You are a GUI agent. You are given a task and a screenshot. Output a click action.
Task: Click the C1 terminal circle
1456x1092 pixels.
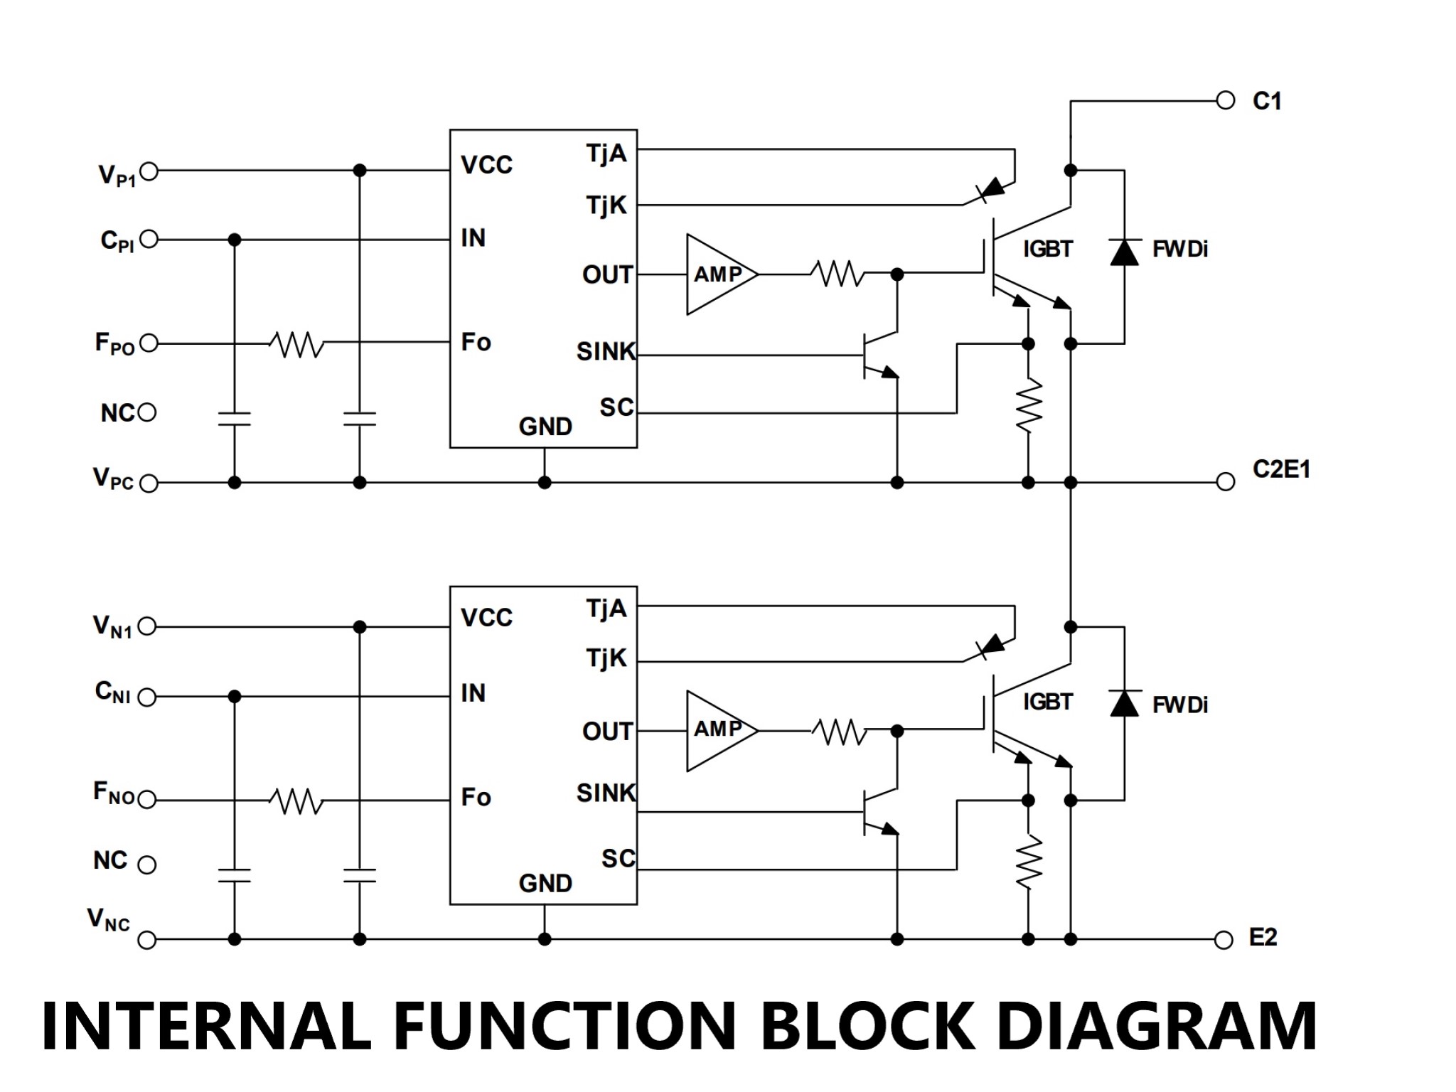[1226, 100]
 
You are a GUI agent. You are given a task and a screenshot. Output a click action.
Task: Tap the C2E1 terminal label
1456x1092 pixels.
[1281, 469]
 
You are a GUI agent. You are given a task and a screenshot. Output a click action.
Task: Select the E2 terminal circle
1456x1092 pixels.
[1224, 940]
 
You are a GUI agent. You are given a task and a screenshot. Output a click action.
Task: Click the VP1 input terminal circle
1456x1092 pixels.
[149, 171]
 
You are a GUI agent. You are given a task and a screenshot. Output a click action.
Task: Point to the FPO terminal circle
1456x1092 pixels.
[149, 343]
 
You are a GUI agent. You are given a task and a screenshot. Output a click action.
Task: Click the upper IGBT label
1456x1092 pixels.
[1047, 249]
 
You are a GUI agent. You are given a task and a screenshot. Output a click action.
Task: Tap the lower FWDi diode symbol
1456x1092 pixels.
[1124, 703]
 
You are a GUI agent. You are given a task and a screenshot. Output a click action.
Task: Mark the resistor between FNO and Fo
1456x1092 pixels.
[296, 801]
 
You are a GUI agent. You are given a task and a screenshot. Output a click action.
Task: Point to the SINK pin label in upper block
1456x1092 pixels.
[606, 351]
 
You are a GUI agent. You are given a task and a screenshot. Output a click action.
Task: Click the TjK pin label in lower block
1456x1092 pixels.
[606, 658]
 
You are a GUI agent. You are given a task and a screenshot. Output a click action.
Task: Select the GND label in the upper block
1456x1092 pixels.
[545, 427]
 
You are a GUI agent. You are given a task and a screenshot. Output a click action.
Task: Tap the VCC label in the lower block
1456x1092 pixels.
[486, 617]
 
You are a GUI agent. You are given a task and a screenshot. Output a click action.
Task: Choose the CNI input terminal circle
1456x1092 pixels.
[146, 697]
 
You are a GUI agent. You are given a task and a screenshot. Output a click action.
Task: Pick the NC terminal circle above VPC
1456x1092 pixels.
[147, 412]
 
